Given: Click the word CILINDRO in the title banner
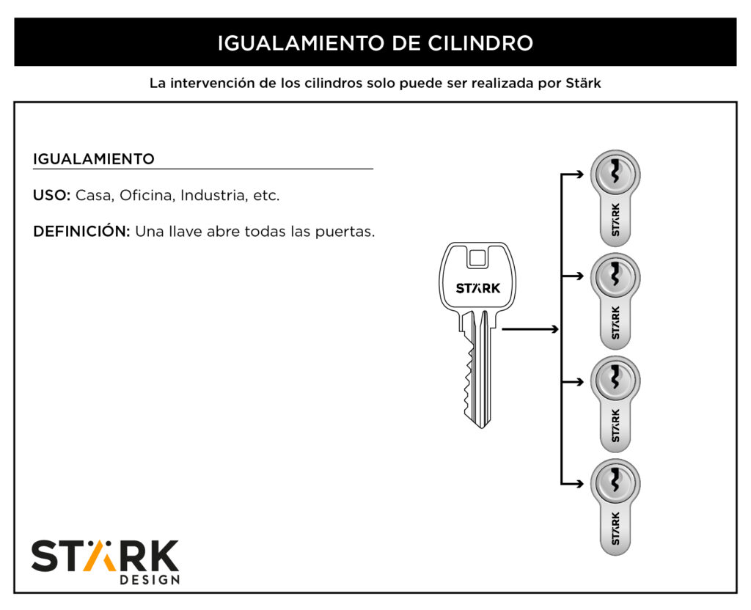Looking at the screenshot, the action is (480, 43).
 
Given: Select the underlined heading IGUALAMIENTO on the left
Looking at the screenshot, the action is (94, 159).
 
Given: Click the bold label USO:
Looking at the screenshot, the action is (52, 195).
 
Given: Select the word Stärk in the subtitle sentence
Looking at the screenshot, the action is (583, 84).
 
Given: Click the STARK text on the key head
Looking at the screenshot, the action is (478, 288).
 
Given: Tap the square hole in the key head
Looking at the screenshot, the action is (477, 259).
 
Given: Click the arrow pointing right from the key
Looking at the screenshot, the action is (530, 329).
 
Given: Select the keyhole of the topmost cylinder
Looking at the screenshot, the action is (615, 172).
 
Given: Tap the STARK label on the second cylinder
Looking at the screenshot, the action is (616, 323).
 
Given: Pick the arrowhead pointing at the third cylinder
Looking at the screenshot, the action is (579, 381).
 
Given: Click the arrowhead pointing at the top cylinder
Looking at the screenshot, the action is (579, 174).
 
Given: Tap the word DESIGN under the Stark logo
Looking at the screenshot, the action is (150, 580).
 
